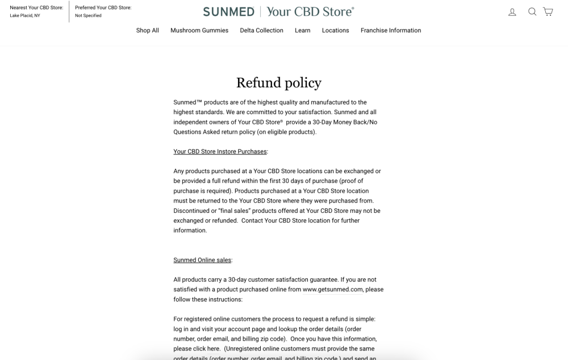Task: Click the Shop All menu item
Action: pyautogui.click(x=147, y=31)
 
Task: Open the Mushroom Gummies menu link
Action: pyautogui.click(x=199, y=31)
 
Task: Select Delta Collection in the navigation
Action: pyautogui.click(x=261, y=31)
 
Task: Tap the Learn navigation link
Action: pyautogui.click(x=302, y=31)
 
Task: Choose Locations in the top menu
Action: pyautogui.click(x=335, y=31)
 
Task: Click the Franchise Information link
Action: pyautogui.click(x=391, y=31)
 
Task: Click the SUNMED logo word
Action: pyautogui.click(x=228, y=12)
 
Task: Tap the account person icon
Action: pyautogui.click(x=512, y=12)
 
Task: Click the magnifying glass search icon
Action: pyautogui.click(x=532, y=12)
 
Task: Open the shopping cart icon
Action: pyautogui.click(x=548, y=12)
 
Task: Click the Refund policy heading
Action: pyautogui.click(x=278, y=83)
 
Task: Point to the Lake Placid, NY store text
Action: pyautogui.click(x=25, y=16)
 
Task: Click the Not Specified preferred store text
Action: pyautogui.click(x=88, y=16)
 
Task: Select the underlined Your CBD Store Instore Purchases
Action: pyautogui.click(x=220, y=152)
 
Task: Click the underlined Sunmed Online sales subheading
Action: pyautogui.click(x=202, y=260)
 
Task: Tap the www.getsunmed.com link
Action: pyautogui.click(x=332, y=290)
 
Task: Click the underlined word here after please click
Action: pyautogui.click(x=214, y=349)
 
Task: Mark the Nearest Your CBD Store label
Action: pyautogui.click(x=36, y=7)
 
